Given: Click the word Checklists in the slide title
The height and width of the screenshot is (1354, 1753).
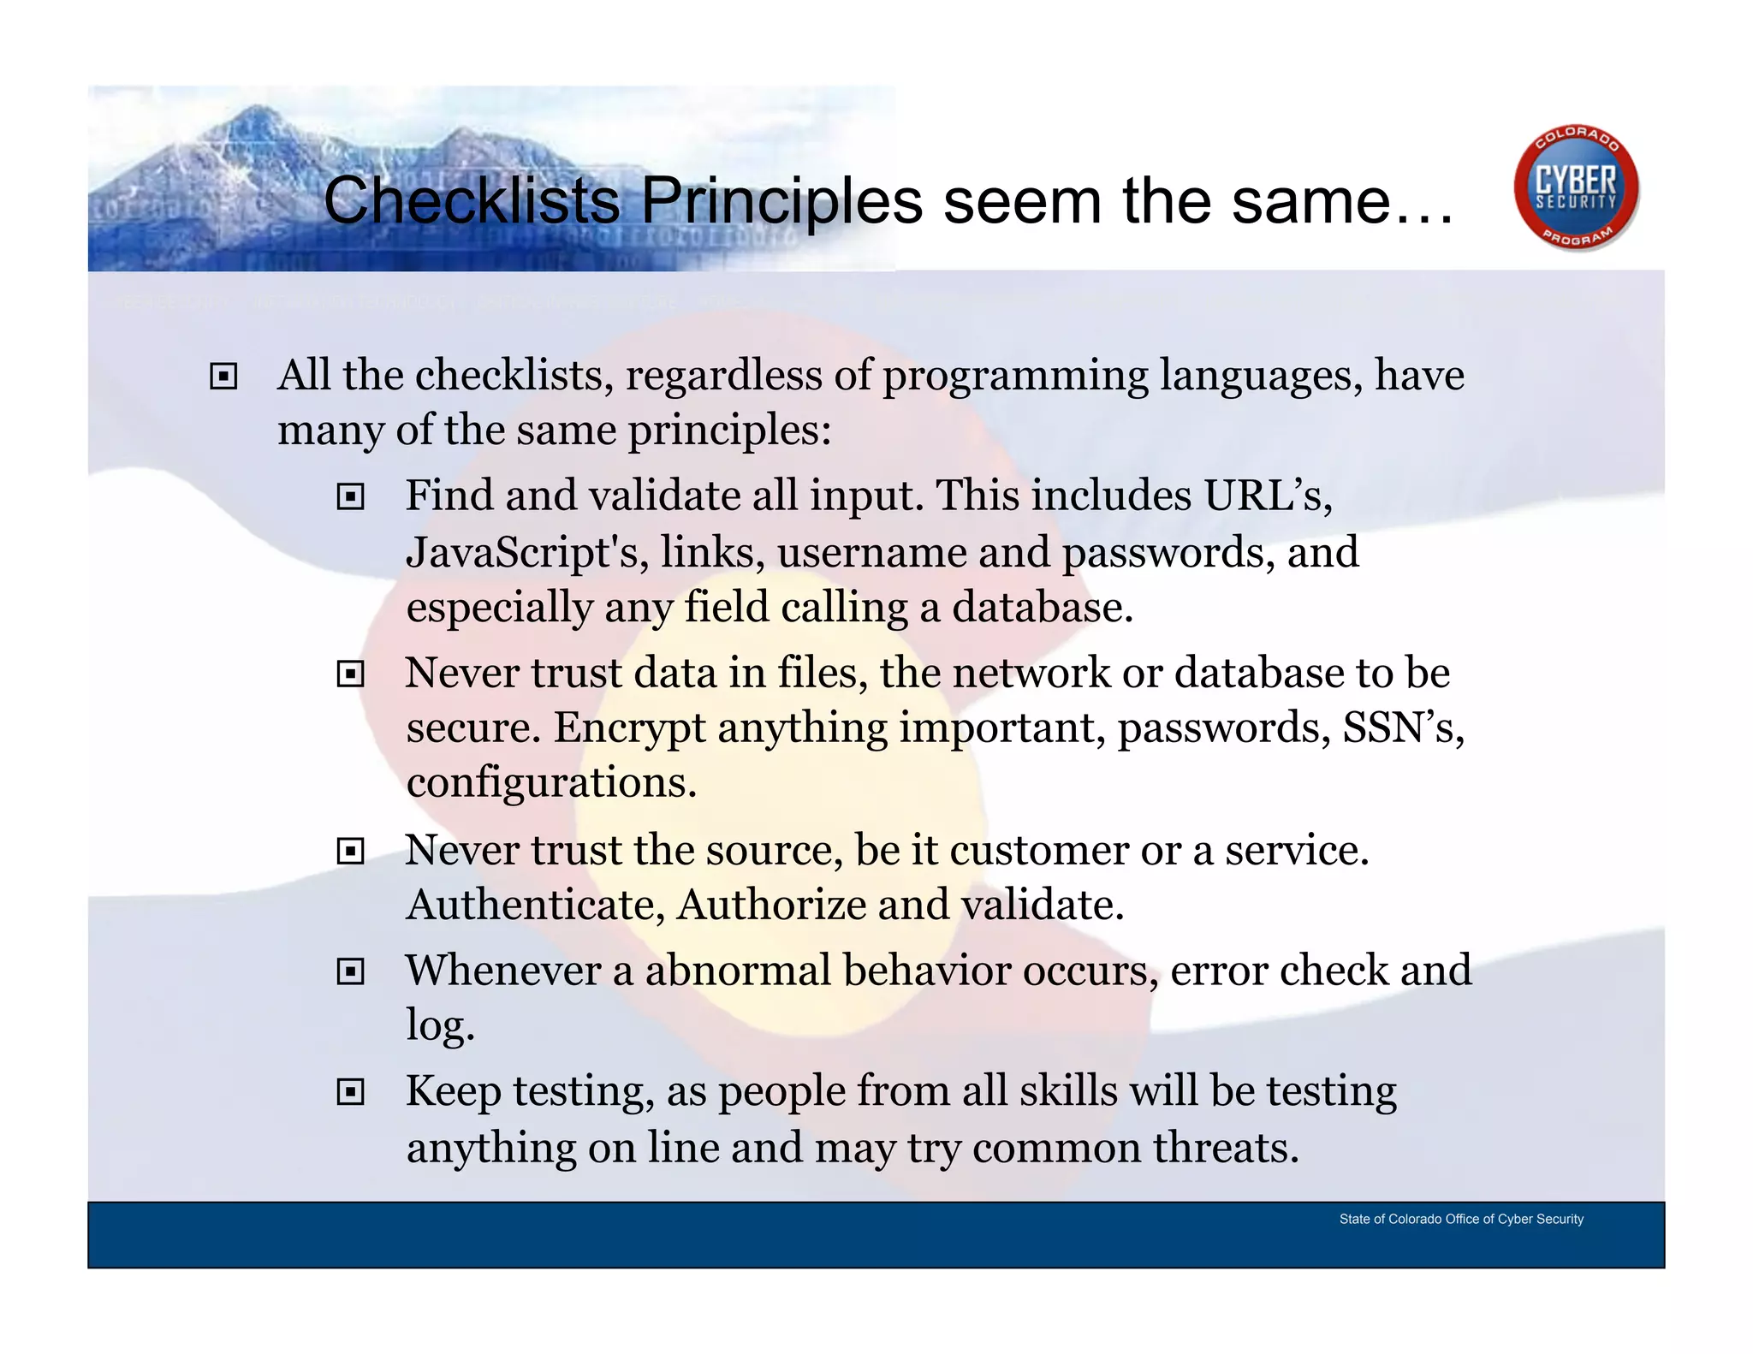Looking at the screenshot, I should [472, 201].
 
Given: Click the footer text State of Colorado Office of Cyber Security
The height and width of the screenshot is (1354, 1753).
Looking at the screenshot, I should [1460, 1219].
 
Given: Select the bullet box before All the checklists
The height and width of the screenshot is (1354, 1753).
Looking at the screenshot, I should [223, 377].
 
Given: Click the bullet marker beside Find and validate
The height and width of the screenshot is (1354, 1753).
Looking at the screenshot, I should [351, 497].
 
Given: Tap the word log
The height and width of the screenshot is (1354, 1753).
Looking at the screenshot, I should [438, 1025].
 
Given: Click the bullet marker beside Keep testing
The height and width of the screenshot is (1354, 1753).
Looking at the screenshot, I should [351, 1092].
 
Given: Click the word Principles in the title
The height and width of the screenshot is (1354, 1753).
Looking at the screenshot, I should [781, 201].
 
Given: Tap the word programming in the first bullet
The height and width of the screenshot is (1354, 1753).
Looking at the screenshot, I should [1015, 377].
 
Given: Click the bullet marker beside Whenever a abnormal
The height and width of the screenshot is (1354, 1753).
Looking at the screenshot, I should [351, 971].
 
